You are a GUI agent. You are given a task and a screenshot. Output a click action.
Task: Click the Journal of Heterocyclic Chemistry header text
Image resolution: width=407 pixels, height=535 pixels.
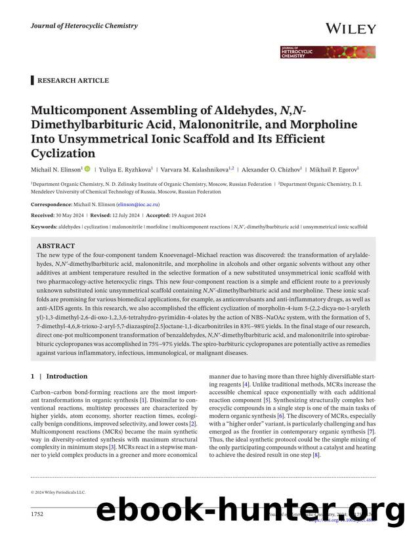coord(84,26)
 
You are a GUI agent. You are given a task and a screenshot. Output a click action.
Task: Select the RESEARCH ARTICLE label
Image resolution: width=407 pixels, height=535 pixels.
coord(73,80)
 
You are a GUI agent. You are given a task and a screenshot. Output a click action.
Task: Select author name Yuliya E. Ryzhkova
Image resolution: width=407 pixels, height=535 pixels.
coord(121,169)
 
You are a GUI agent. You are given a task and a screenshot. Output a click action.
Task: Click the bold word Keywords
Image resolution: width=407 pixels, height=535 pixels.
coord(43,226)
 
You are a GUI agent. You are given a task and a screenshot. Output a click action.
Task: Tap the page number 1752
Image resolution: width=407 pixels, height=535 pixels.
coord(38,514)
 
